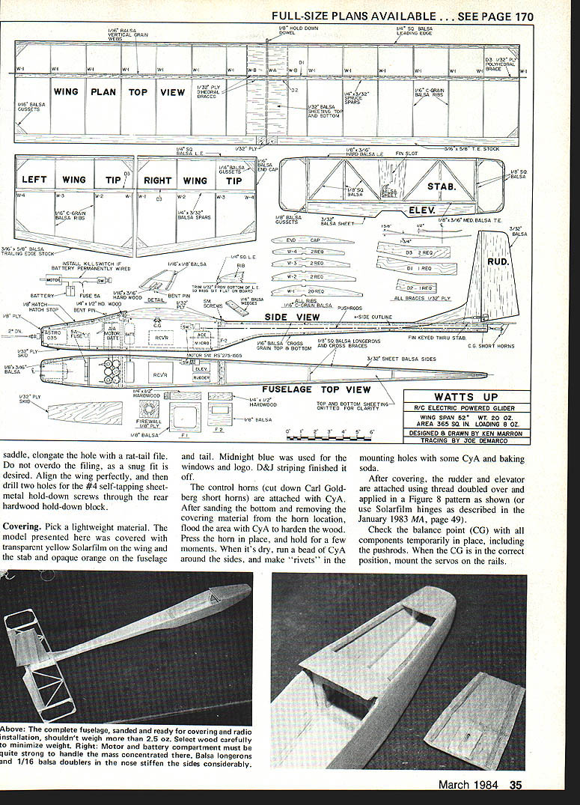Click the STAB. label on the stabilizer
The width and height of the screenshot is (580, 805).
pos(442,186)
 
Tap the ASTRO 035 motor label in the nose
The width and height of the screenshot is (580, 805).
pos(52,338)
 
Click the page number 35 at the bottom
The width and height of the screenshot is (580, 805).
pos(516,786)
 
